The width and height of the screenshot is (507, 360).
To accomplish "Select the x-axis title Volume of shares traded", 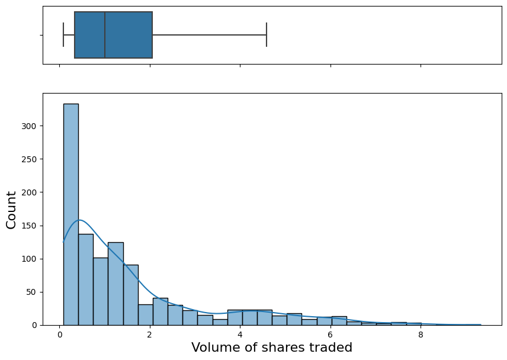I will coord(272,348).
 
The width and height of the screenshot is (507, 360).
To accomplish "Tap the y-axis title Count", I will coord(11,209).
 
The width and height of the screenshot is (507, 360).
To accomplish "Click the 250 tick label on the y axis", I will coord(30,159).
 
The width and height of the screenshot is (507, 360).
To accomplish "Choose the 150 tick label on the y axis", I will coord(30,226).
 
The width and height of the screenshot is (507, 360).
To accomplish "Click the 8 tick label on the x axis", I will coord(421,335).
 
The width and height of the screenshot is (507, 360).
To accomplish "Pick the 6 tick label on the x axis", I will coord(330,335).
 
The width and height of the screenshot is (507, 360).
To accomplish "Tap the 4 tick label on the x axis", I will coord(240,335).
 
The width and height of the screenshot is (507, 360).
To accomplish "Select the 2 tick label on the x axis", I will coord(150,335).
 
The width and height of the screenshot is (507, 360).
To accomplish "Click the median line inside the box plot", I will coord(105,35).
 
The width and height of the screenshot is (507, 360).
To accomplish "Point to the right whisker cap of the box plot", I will coord(267,35).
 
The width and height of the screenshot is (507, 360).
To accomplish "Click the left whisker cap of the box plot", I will coord(63,35).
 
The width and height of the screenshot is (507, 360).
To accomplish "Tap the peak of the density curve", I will coord(80,220).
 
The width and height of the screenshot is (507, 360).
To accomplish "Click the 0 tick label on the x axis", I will coord(59,335).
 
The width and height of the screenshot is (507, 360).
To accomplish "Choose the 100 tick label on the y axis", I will coord(30,259).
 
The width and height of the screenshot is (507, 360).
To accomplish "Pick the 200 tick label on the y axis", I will coord(30,192).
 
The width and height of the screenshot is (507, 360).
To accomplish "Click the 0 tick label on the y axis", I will coord(34,325).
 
